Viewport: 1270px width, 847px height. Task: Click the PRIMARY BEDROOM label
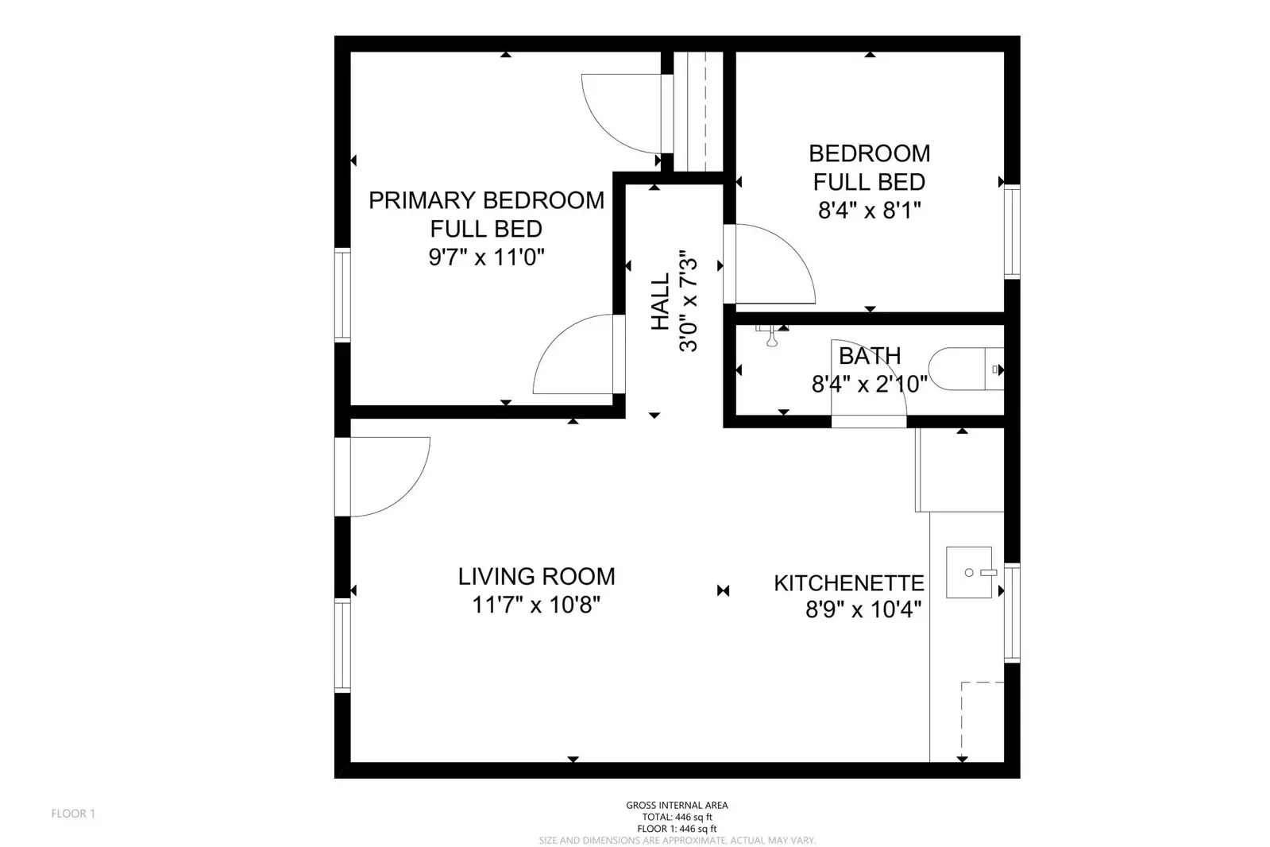[x=486, y=200]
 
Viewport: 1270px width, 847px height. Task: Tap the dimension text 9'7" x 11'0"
[x=486, y=257]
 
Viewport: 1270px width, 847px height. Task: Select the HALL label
[x=660, y=302]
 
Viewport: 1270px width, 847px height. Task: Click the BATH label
[x=870, y=355]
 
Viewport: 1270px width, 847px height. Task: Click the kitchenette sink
[x=970, y=572]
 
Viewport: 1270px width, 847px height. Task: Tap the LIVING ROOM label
[x=536, y=576]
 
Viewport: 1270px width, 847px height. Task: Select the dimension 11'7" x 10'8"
[x=536, y=605]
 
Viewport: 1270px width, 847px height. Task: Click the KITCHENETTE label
[x=849, y=583]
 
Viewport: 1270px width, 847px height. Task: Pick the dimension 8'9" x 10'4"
[x=863, y=610]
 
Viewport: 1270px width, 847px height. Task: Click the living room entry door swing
[x=389, y=477]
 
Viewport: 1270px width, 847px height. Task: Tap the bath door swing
[x=870, y=381]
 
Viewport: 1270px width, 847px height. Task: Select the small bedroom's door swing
[x=770, y=266]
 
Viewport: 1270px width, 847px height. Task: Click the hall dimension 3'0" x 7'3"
[x=688, y=302]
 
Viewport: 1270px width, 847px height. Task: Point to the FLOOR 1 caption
[x=73, y=814]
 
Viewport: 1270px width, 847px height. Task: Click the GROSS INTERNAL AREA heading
[x=677, y=805]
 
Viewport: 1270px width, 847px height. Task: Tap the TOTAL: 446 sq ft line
[x=677, y=817]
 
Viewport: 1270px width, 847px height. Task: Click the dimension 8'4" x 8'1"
[x=870, y=211]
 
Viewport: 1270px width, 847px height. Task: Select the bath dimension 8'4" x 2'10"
[x=870, y=385]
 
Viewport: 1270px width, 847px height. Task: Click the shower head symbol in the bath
[x=770, y=337]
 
